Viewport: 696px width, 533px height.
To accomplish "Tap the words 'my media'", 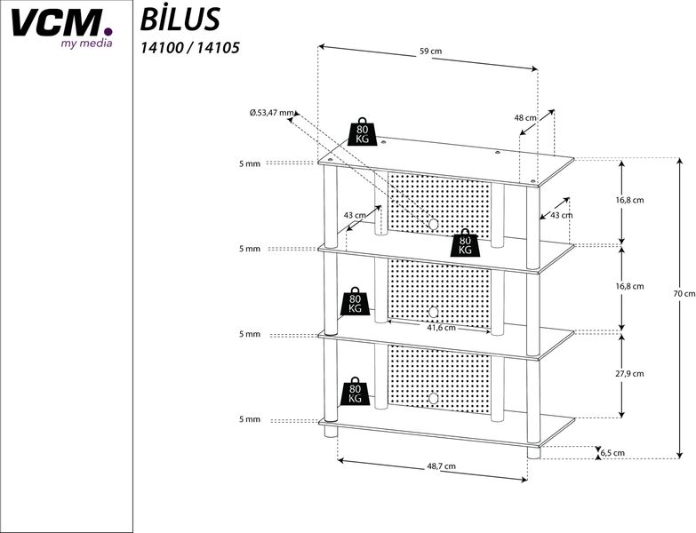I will (x=86, y=43).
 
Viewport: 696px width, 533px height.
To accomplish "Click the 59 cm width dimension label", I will (x=430, y=51).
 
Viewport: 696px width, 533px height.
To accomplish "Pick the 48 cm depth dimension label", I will (x=524, y=117).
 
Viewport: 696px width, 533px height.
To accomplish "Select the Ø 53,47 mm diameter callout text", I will (x=272, y=113).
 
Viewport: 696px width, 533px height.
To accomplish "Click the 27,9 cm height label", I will (x=629, y=373).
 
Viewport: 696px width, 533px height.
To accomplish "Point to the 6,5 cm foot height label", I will (x=612, y=452).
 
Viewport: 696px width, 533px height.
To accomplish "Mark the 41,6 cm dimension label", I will (x=441, y=327).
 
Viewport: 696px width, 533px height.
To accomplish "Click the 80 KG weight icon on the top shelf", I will (x=363, y=131).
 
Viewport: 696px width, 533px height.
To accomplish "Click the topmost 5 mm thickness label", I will (x=249, y=163).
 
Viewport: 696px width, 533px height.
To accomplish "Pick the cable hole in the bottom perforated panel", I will (x=434, y=397).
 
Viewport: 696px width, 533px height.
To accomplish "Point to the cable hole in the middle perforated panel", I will (x=434, y=311).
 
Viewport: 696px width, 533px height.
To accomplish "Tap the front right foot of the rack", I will (x=533, y=452).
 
